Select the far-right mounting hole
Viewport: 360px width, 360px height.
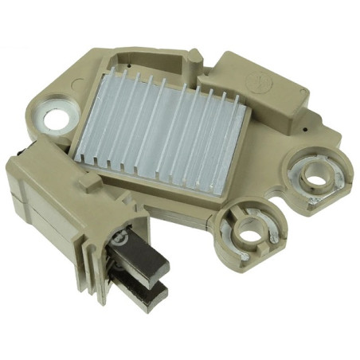316,178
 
